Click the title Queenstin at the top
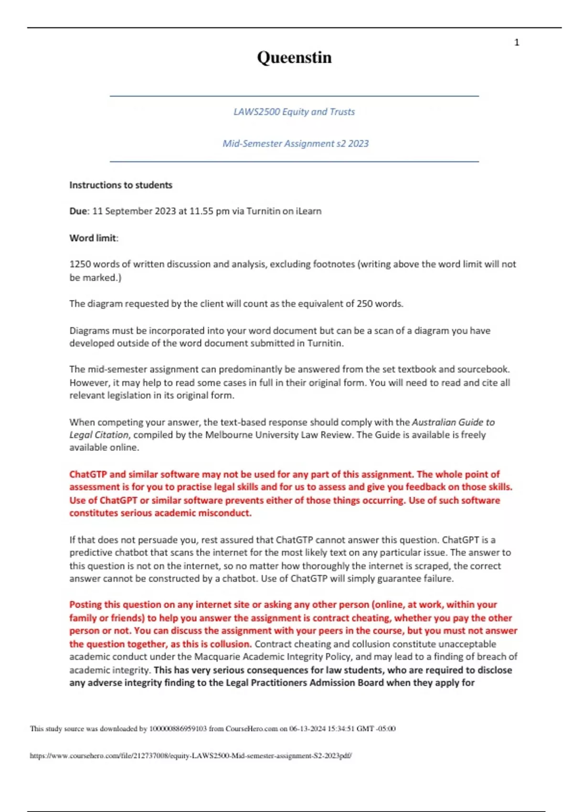click(x=294, y=57)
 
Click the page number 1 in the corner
click(x=517, y=43)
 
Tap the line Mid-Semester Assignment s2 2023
click(x=295, y=143)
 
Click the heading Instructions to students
click(x=121, y=185)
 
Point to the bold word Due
click(x=78, y=211)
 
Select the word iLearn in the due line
click(x=308, y=211)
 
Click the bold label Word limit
click(x=93, y=238)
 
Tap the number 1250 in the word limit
click(x=80, y=264)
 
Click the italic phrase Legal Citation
click(x=99, y=435)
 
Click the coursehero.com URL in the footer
click(x=191, y=756)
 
